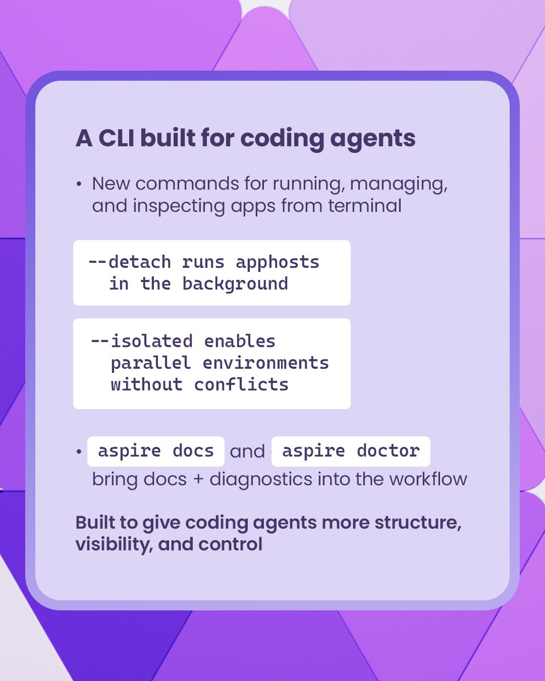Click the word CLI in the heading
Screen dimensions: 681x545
pos(116,139)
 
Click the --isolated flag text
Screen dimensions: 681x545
pos(141,341)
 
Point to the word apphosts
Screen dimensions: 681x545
pos(278,262)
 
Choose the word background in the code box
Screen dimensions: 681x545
pos(235,283)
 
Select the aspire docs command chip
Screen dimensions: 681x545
pos(156,451)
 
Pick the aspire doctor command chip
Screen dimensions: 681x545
pos(350,451)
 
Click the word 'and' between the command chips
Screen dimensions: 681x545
pos(248,452)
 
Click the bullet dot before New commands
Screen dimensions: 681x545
pos(79,185)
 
